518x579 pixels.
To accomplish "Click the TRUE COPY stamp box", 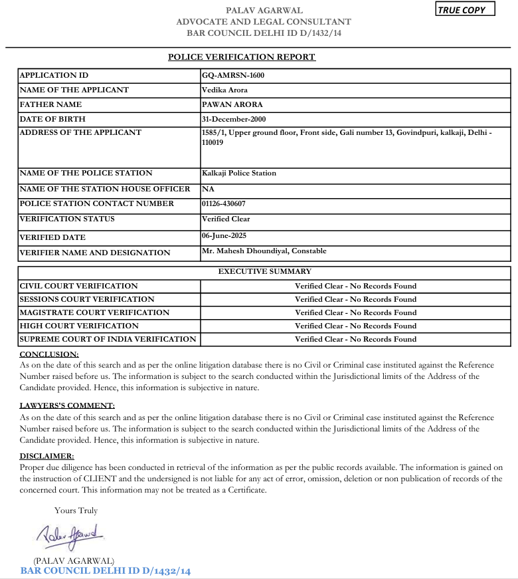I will point(466,10).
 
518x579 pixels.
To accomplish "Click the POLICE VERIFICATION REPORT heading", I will point(242,57).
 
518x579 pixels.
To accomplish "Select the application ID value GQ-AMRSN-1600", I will point(232,75).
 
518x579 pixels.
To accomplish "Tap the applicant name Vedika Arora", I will point(226,90).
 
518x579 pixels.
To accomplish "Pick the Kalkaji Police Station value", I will point(238,173).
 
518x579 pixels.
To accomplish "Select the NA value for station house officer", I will point(207,189).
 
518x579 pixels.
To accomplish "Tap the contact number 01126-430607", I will point(228,204).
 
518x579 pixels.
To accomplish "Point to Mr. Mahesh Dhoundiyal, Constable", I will point(264,251).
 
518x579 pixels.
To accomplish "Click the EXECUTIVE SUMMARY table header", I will point(264,271).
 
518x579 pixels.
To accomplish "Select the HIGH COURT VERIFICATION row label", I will point(79,326).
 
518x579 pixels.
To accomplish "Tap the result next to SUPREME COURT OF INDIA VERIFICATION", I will point(355,339).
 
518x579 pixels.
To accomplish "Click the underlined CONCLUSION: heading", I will point(49,354).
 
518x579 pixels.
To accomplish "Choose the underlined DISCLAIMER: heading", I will point(46,456).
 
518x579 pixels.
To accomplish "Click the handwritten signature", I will point(68,533).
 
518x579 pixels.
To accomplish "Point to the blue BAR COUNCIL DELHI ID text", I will point(106,571).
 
